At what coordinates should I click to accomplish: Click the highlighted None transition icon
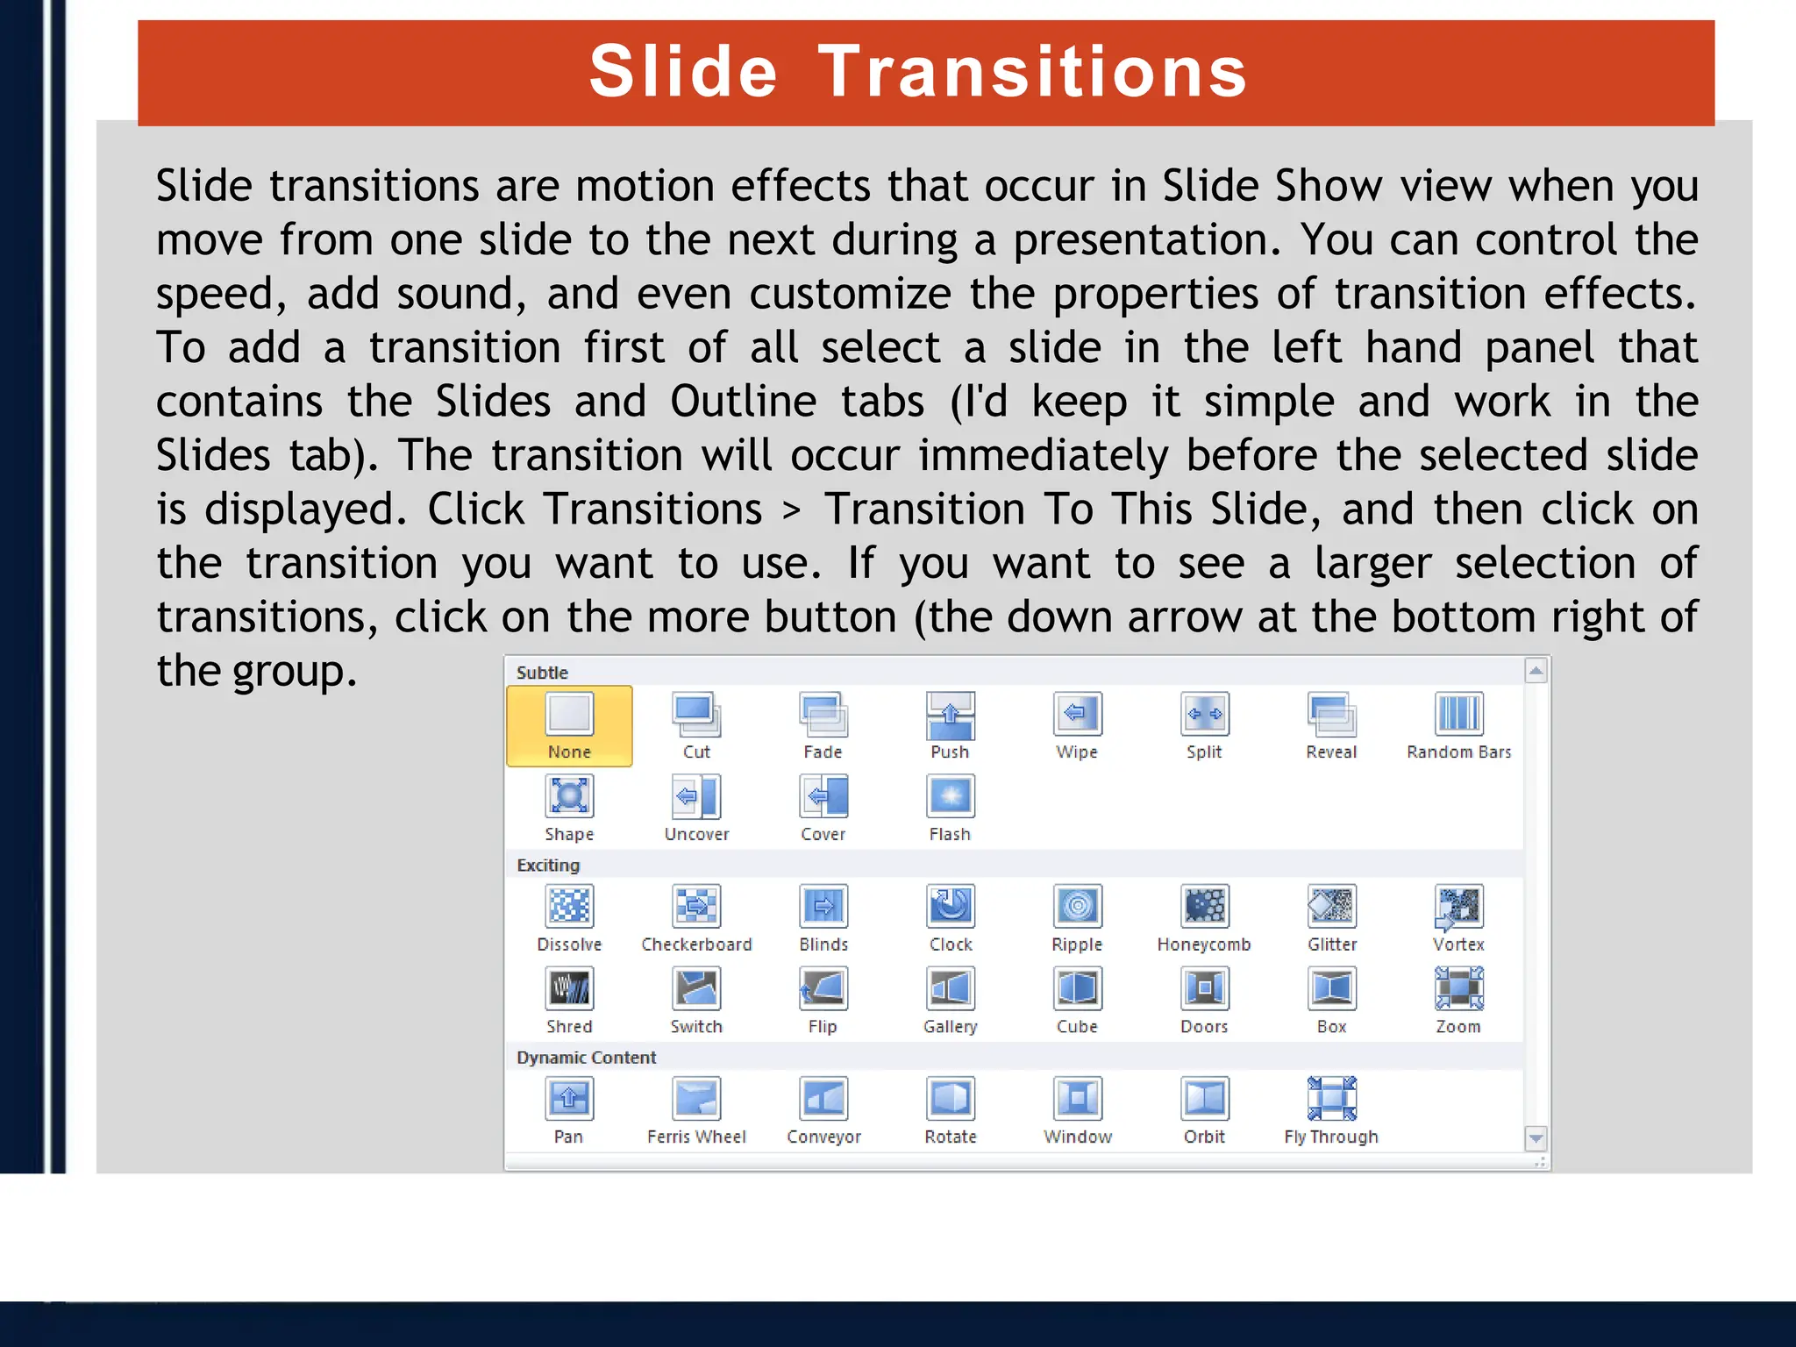coord(569,714)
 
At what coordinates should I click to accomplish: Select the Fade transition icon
coord(823,714)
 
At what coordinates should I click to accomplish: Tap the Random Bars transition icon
coord(1458,714)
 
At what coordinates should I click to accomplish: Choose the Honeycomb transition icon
coord(1204,906)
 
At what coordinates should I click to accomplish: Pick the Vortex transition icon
coord(1458,906)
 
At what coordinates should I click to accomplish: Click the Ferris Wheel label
coord(696,1137)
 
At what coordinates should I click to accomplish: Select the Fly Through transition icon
coord(1331,1098)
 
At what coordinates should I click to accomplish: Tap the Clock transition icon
coord(951,906)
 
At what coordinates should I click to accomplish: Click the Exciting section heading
coord(548,866)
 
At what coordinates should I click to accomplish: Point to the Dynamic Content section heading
coord(586,1058)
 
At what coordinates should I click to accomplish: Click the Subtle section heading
coord(542,673)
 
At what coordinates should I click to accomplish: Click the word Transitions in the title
coord(1032,72)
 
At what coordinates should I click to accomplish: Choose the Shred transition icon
coord(569,988)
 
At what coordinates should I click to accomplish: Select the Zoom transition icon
coord(1458,988)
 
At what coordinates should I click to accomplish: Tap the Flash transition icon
coord(951,796)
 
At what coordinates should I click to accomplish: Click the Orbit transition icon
coord(1204,1098)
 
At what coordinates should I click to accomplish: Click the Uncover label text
coord(696,834)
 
